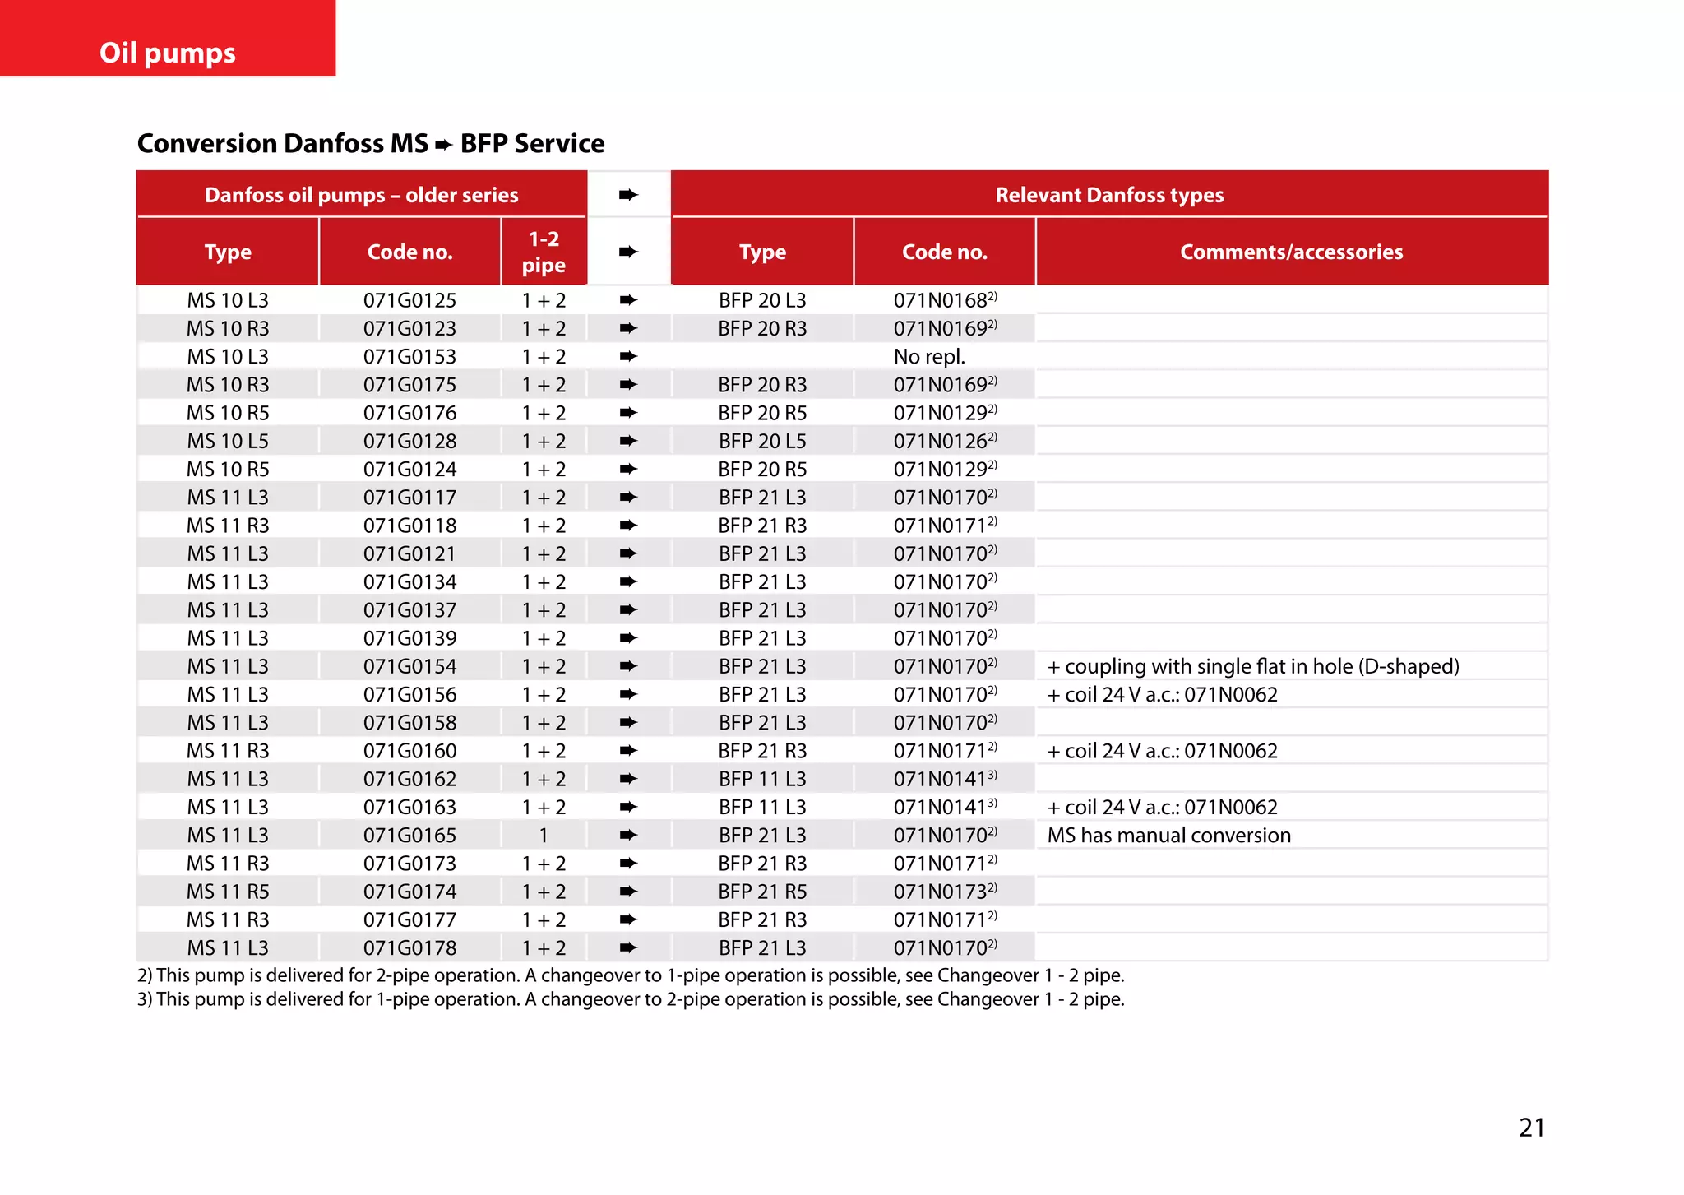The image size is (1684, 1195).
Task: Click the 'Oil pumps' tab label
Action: point(168,53)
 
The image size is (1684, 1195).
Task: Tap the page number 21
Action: point(1531,1127)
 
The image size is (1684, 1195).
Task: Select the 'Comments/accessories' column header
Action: point(1291,252)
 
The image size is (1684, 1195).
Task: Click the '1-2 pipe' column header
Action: point(544,252)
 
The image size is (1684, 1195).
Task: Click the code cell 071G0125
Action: point(409,300)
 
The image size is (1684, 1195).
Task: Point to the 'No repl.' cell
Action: point(929,357)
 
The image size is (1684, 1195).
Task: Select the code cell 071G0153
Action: point(409,357)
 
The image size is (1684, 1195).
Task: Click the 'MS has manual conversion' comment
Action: point(1168,836)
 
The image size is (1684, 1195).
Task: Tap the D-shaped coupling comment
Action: point(1253,666)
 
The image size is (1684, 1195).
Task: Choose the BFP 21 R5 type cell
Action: point(762,892)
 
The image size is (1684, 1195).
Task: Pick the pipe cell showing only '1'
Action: point(544,836)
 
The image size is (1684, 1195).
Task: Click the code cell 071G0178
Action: point(409,948)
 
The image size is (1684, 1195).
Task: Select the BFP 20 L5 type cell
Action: point(762,441)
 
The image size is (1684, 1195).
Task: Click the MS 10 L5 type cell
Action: point(228,441)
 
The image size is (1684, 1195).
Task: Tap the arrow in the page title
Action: point(444,145)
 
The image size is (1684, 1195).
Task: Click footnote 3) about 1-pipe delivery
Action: point(630,999)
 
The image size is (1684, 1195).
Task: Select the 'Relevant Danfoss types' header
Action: point(1109,195)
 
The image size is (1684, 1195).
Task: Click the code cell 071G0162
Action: point(409,779)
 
